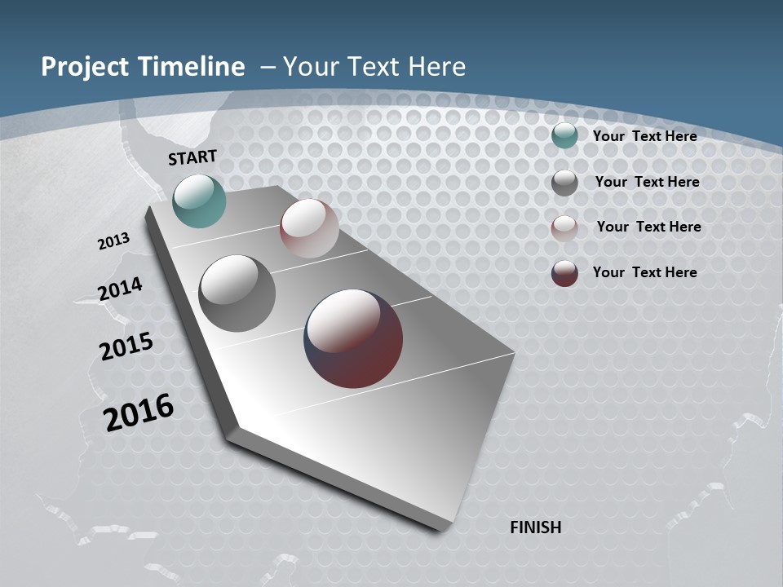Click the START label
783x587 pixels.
point(192,157)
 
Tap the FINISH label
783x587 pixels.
point(535,527)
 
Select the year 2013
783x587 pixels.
point(113,241)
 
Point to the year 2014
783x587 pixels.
point(120,289)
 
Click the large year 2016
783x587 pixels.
point(139,413)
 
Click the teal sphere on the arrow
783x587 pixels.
point(199,201)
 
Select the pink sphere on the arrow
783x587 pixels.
point(309,228)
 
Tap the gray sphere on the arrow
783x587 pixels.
point(237,293)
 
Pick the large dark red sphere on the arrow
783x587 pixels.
point(353,338)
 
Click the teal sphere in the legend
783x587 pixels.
point(564,135)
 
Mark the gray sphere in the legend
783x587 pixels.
point(564,183)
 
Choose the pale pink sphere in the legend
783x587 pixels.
point(564,227)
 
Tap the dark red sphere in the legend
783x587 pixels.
point(564,273)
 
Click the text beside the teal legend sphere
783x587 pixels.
point(644,136)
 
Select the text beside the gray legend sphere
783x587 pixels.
point(647,182)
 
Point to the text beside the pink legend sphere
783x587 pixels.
point(648,227)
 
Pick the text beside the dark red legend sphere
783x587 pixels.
point(644,272)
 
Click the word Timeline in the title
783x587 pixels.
point(194,67)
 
